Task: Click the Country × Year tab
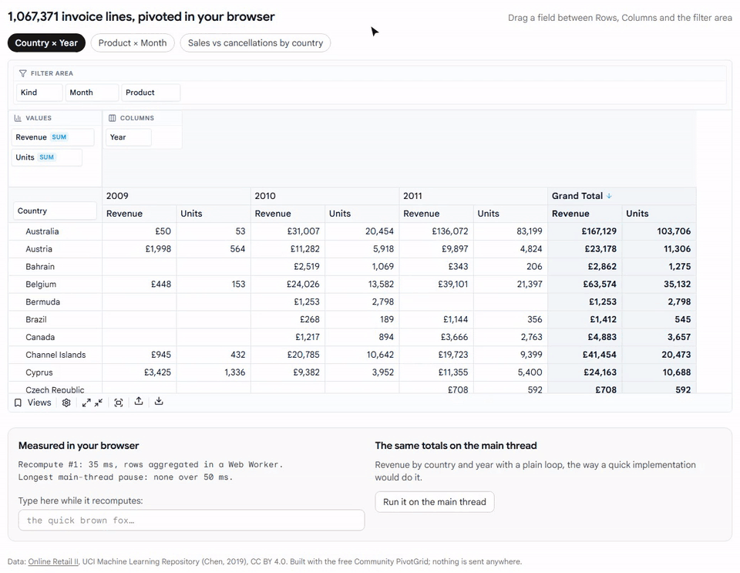(46, 43)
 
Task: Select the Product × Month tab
(133, 43)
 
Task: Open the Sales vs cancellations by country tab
(255, 43)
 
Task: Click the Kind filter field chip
(39, 93)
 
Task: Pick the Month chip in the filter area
(92, 93)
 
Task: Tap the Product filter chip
(150, 93)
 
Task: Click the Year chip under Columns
(129, 137)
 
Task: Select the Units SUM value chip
(46, 157)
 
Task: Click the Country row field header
(55, 211)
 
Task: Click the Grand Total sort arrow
(609, 196)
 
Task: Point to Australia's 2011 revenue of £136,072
(449, 231)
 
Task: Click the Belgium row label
(41, 284)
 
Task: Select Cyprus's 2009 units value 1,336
(234, 372)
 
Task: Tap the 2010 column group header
(265, 196)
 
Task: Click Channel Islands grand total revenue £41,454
(600, 355)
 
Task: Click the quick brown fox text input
(192, 520)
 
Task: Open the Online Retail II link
(53, 561)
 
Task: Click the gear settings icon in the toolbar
(66, 403)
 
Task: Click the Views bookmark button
(32, 403)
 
